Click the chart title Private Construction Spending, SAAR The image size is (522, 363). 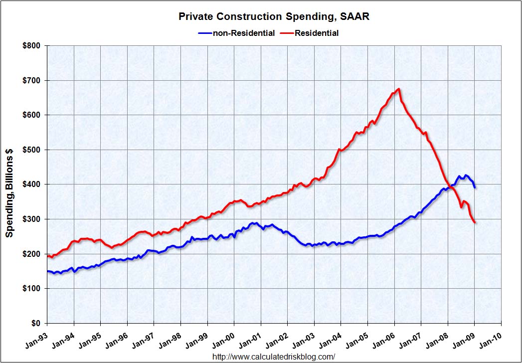274,17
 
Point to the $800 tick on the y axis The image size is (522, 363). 33,46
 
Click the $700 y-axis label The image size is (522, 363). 33,80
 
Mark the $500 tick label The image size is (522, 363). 33,150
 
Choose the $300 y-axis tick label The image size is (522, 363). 33,219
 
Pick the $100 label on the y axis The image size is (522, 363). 33,289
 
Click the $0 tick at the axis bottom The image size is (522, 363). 37,323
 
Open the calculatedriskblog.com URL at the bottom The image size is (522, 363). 274,357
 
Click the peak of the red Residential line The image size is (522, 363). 399,89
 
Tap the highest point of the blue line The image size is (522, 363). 466,175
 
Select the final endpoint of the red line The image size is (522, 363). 475,222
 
